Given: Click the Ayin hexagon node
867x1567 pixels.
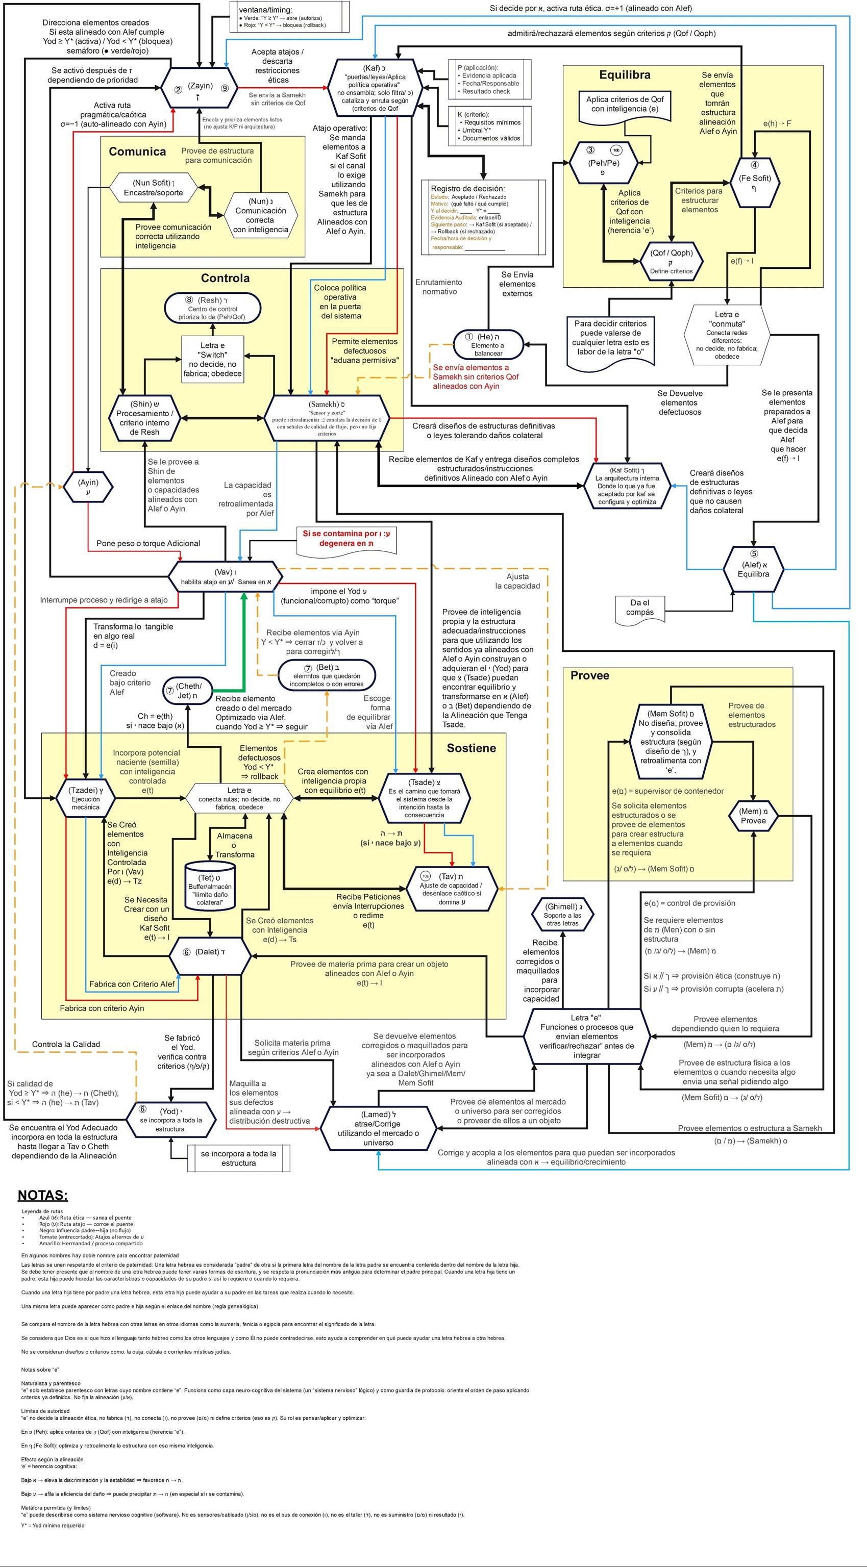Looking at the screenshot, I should pyautogui.click(x=88, y=487).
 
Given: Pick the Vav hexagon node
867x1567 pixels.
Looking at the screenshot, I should pyautogui.click(x=225, y=577).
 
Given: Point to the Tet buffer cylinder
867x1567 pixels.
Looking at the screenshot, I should pyautogui.click(x=209, y=885).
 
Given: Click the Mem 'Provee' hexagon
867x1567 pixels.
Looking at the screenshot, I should pyautogui.click(x=753, y=816).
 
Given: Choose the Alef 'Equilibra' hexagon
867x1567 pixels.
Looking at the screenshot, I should pyautogui.click(x=753, y=569).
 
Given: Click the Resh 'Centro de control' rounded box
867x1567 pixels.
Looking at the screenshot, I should pyautogui.click(x=212, y=309).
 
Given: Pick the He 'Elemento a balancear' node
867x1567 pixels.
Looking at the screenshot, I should pyautogui.click(x=488, y=345).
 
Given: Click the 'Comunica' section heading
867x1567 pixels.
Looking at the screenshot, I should pyautogui.click(x=137, y=152).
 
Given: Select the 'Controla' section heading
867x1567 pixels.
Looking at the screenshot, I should pyautogui.click(x=225, y=278).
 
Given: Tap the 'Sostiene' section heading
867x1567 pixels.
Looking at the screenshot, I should pyautogui.click(x=471, y=748).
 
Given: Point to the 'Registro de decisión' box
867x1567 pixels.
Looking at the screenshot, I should pyautogui.click(x=484, y=218).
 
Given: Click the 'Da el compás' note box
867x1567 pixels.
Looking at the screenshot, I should pyautogui.click(x=640, y=607).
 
